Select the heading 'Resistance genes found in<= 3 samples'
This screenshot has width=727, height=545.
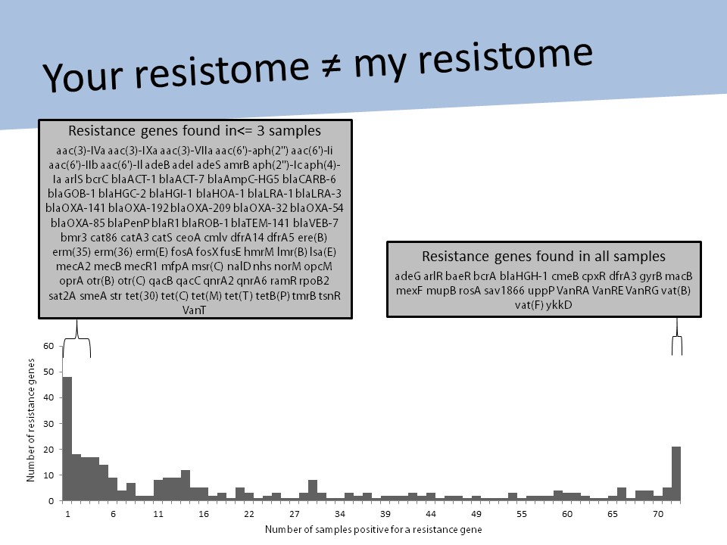pyautogui.click(x=195, y=129)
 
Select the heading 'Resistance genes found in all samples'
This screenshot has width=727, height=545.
pyautogui.click(x=543, y=256)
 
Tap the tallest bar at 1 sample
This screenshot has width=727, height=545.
pyautogui.click(x=67, y=438)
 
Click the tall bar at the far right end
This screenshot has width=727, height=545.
pyautogui.click(x=676, y=473)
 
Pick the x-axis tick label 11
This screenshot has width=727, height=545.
pyautogui.click(x=158, y=514)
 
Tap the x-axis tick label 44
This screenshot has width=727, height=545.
pyautogui.click(x=430, y=514)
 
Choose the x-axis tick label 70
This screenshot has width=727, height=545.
pyautogui.click(x=658, y=514)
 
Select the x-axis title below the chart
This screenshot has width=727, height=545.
pyautogui.click(x=373, y=528)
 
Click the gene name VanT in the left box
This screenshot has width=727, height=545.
pyautogui.click(x=195, y=309)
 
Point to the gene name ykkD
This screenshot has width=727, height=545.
pyautogui.click(x=557, y=305)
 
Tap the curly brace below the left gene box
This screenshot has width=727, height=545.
pyautogui.click(x=76, y=337)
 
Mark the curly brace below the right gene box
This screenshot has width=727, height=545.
pyautogui.click(x=677, y=337)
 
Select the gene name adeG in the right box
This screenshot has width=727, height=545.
pyautogui.click(x=409, y=276)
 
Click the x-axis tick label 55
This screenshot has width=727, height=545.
pyautogui.click(x=522, y=514)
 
